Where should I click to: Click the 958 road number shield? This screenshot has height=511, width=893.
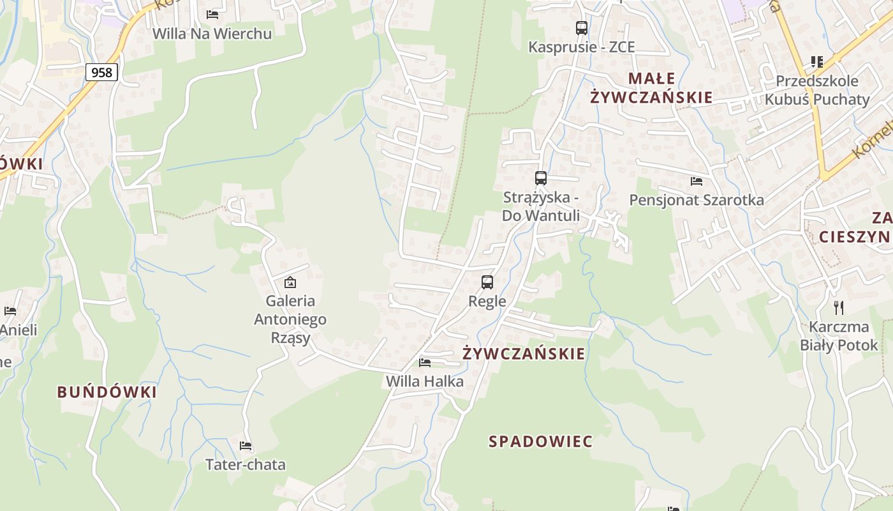[101, 72]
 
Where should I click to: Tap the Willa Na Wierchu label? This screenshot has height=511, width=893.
[212, 34]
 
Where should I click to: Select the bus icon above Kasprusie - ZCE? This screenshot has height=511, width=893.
[581, 28]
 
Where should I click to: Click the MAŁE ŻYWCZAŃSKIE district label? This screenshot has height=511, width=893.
[651, 88]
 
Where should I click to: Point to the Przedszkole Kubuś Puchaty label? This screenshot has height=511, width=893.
[817, 90]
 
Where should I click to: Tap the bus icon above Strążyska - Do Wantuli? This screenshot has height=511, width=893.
[541, 178]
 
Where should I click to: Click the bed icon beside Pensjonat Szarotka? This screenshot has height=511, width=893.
[697, 181]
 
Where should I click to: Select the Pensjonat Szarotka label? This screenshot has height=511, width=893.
[697, 200]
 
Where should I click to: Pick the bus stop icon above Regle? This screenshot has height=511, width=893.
[487, 282]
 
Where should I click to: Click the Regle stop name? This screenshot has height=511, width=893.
[487, 301]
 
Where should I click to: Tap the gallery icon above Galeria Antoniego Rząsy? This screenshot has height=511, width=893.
[290, 282]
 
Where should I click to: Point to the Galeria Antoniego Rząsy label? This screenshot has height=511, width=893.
[290, 319]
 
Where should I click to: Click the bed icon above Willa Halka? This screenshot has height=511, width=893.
[425, 363]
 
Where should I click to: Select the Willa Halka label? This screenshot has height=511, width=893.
[425, 381]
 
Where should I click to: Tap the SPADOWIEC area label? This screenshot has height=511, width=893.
[540, 441]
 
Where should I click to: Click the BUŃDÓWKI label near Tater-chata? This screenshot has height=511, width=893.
[107, 392]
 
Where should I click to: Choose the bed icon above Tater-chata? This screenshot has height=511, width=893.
[246, 446]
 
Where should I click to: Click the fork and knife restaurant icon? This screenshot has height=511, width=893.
[839, 308]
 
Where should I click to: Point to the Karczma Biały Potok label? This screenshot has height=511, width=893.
[839, 336]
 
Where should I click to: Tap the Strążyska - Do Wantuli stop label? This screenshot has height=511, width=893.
[541, 206]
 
